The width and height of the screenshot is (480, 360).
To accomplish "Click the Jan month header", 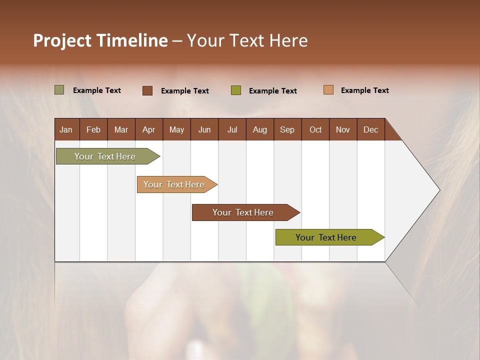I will (66, 129).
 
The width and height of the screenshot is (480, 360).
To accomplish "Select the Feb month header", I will (93, 129).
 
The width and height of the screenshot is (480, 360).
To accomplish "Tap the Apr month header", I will (148, 129).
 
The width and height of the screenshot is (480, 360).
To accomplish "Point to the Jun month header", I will (204, 129).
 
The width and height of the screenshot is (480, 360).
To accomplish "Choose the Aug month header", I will (260, 129).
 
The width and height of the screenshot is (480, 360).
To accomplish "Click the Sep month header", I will (287, 129).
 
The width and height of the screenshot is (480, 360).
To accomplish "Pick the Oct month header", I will (315, 129).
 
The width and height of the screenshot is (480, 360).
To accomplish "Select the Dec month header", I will (370, 129).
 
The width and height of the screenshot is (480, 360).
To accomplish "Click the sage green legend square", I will (59, 90).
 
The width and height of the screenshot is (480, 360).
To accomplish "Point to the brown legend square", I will (147, 90).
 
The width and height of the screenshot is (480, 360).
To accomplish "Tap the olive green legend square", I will (236, 90).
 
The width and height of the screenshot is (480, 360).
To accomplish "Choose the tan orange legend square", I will (328, 90).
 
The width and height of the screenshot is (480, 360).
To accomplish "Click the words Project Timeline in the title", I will (100, 40).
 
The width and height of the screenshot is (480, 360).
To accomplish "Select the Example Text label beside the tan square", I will (364, 90).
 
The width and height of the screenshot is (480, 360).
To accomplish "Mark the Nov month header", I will (342, 129).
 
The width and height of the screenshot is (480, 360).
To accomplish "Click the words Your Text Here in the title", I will (247, 40).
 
